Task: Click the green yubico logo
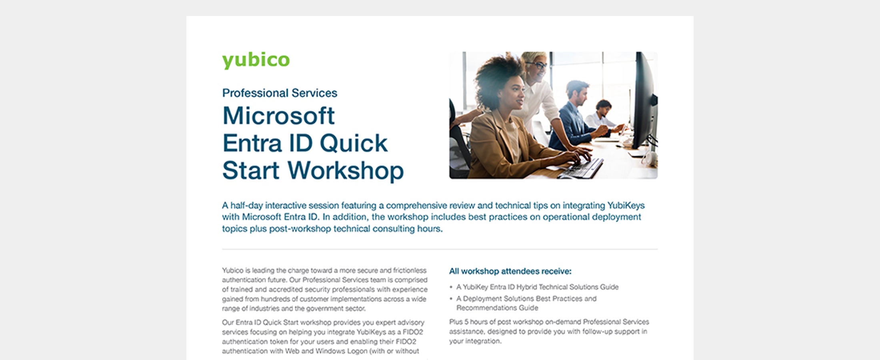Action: point(256,60)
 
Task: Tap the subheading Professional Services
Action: point(280,93)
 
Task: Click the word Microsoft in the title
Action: point(278,116)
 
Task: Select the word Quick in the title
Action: point(354,143)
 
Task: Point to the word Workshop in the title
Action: point(346,171)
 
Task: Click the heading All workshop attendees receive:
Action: point(510,271)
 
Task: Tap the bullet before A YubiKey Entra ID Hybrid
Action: point(451,287)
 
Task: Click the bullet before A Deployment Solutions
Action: point(451,299)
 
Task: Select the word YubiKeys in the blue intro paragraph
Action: point(626,206)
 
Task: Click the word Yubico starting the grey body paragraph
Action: point(233,270)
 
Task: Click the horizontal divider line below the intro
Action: point(440,249)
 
